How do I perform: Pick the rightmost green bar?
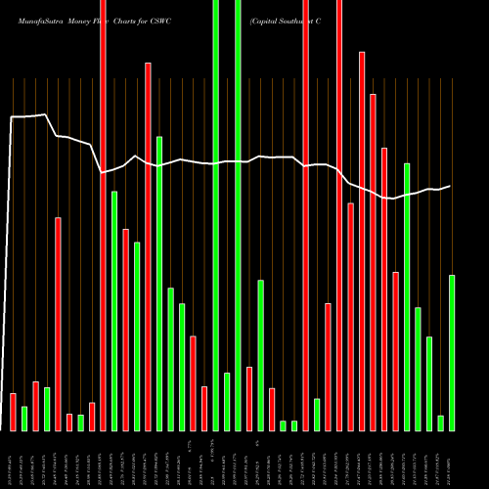click(x=452, y=352)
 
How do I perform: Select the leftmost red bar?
click(x=14, y=412)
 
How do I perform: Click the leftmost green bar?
click(x=24, y=419)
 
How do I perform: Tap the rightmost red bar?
click(x=395, y=351)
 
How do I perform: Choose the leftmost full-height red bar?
click(x=103, y=215)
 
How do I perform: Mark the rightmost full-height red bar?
click(x=339, y=215)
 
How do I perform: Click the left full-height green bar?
click(x=216, y=215)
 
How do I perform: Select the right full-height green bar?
click(x=238, y=215)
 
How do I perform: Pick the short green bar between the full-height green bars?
click(x=227, y=401)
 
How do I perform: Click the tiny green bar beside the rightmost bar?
click(x=441, y=422)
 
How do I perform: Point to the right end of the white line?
click(x=450, y=186)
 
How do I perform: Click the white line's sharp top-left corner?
click(x=11, y=117)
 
